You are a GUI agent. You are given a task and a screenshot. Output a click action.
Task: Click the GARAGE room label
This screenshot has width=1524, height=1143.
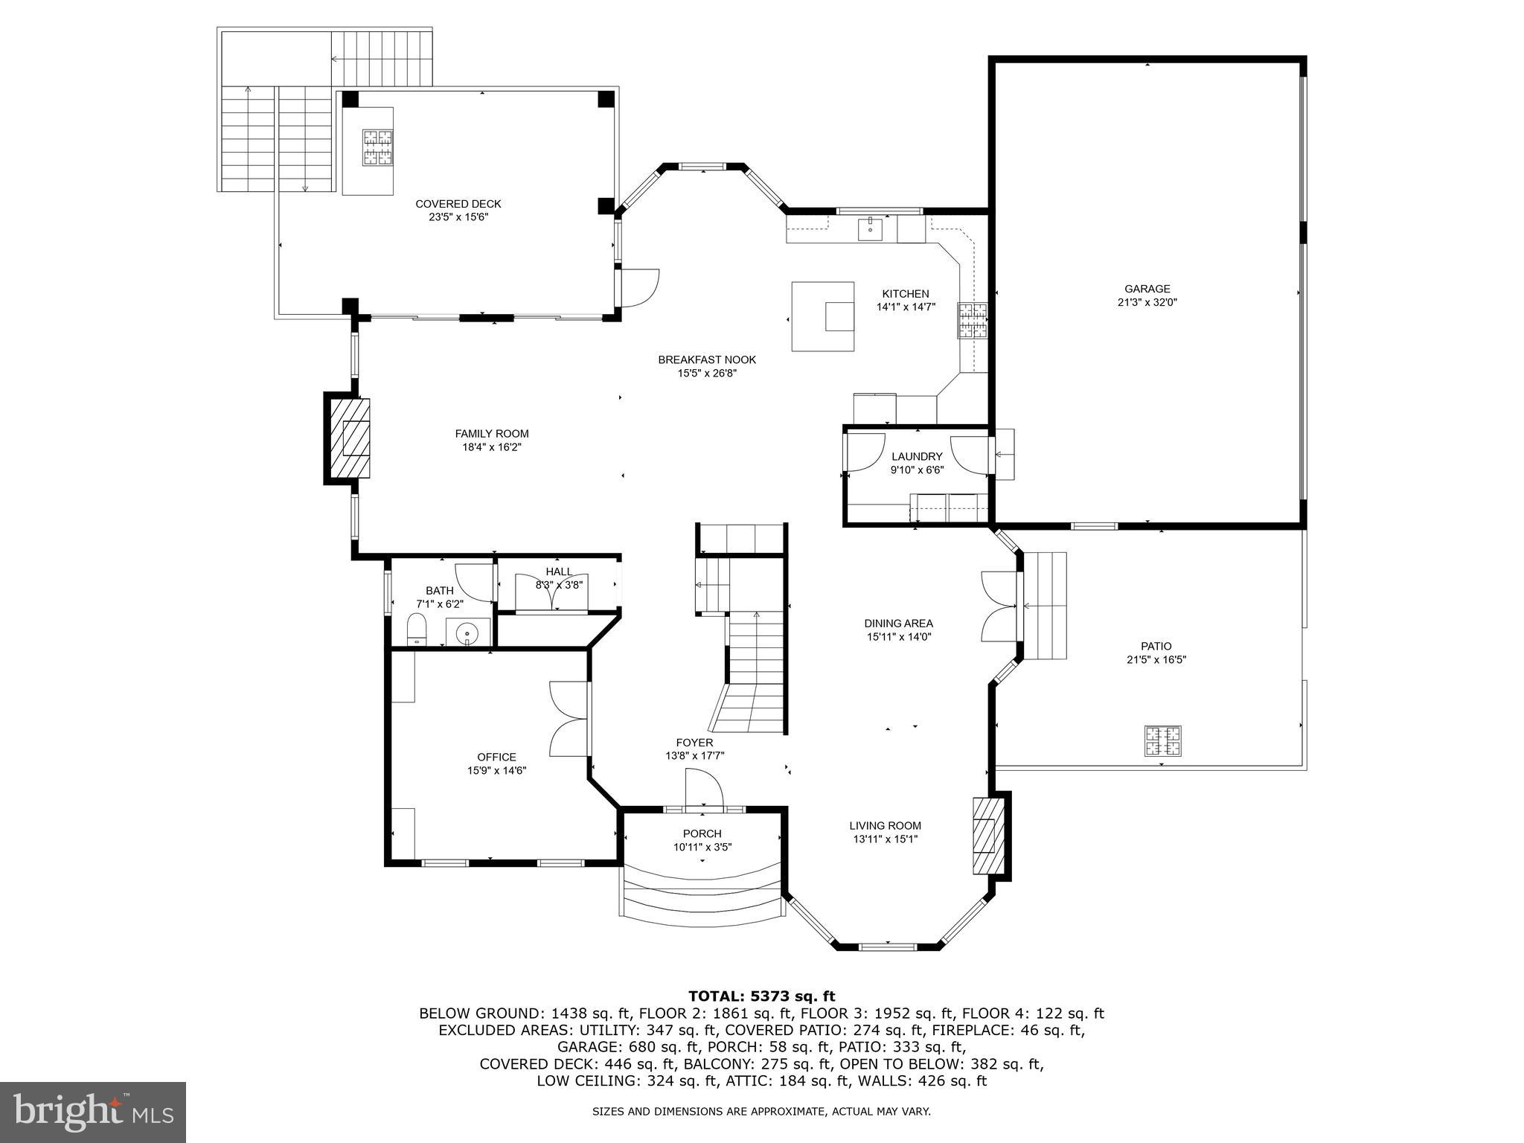tap(1147, 289)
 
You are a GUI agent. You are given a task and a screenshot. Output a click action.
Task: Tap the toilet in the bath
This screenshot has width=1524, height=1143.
tap(417, 630)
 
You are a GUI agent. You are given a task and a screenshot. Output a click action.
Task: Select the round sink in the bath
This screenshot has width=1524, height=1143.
tap(467, 633)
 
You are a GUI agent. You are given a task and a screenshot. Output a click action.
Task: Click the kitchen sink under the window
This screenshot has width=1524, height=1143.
tap(870, 230)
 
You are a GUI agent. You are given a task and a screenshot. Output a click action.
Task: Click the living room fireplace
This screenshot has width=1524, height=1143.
tap(984, 836)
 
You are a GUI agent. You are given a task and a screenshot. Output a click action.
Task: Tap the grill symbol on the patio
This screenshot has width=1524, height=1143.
tap(1162, 740)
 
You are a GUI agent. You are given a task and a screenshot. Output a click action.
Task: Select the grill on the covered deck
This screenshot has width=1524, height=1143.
tap(377, 147)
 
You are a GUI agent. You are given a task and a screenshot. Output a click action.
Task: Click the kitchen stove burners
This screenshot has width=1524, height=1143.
tap(972, 321)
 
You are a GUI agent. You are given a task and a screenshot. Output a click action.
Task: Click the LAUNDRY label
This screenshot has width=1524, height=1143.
tap(917, 456)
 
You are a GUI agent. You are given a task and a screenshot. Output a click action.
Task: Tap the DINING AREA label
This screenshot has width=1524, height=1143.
tap(898, 624)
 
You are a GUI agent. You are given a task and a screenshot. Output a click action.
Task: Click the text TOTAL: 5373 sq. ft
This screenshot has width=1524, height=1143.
tap(761, 996)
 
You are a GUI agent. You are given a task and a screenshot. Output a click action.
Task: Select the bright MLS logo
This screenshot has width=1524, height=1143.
tap(93, 1112)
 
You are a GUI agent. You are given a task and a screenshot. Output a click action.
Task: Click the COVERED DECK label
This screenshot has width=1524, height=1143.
tap(458, 204)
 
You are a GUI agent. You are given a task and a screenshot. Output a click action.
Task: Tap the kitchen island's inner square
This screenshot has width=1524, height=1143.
tap(839, 316)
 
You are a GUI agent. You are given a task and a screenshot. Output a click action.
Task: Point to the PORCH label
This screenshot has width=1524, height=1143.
tap(702, 833)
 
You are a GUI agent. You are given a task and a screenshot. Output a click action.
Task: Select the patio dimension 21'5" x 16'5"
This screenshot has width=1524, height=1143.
tap(1156, 659)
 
